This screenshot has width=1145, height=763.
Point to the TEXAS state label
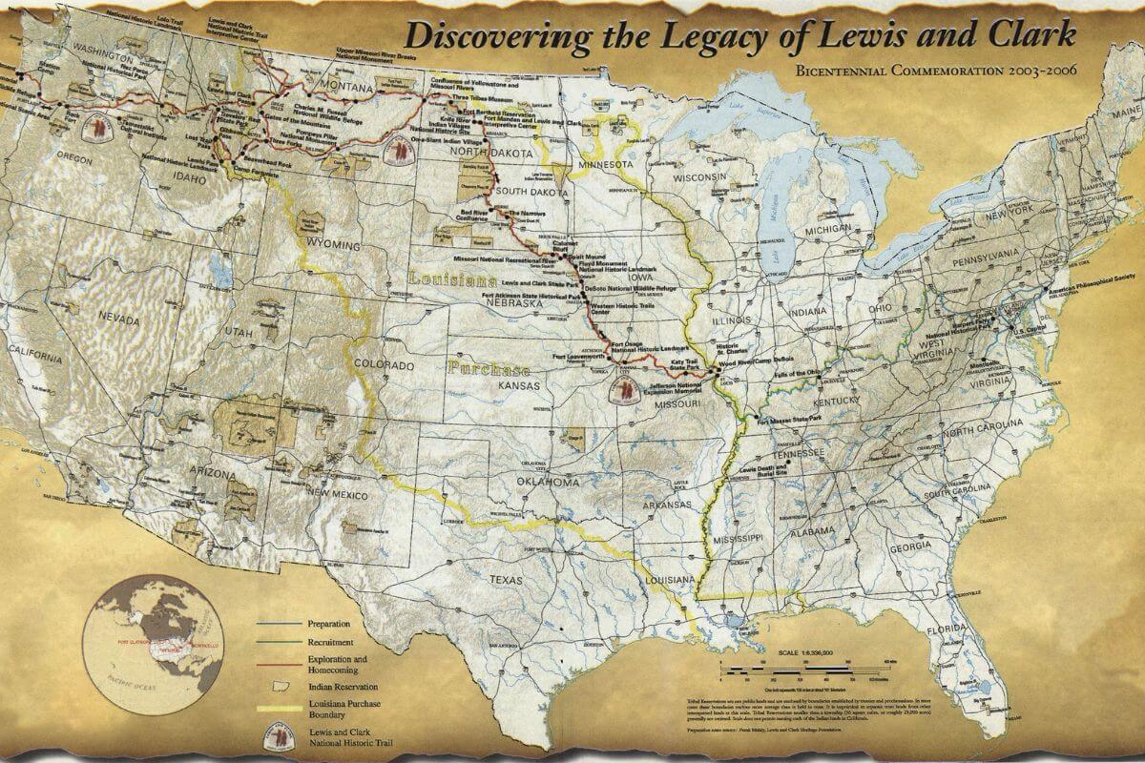click(x=503, y=579)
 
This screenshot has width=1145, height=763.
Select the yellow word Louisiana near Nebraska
click(x=452, y=280)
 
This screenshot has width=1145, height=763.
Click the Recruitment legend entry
click(x=331, y=642)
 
